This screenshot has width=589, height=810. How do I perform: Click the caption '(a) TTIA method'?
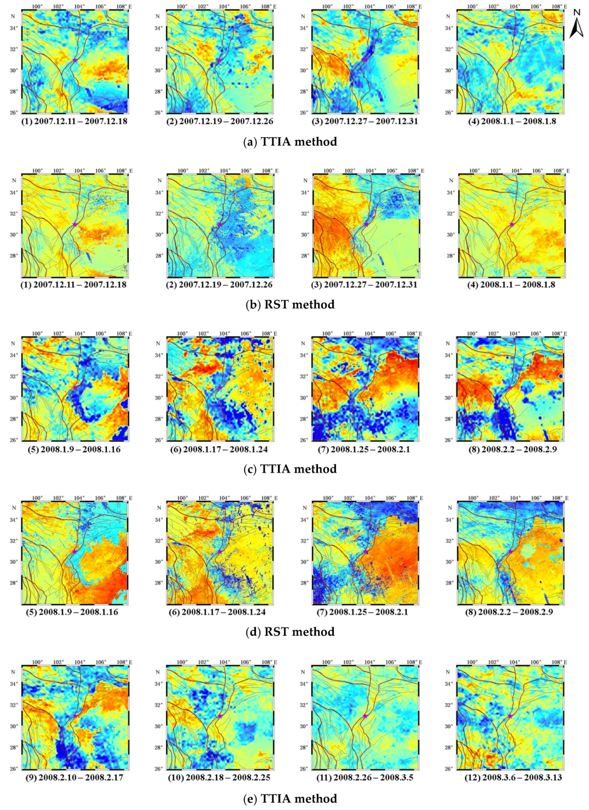[290, 142]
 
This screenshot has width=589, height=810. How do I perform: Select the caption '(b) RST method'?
[290, 304]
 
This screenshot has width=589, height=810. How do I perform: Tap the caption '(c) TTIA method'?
[290, 469]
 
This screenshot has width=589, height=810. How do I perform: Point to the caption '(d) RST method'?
[290, 631]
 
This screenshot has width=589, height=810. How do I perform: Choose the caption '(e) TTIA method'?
[290, 799]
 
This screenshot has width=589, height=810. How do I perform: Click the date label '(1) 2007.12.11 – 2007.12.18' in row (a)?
[74, 121]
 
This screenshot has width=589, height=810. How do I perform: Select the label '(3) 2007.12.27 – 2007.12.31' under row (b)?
[365, 284]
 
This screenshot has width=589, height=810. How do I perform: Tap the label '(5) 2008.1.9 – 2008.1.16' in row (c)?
[74, 449]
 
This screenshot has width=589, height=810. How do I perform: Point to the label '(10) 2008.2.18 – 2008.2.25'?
[219, 777]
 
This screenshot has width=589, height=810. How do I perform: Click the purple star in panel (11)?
[365, 716]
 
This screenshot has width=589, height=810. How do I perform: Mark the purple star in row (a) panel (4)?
[510, 61]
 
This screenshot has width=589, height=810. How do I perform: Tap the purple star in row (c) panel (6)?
[220, 388]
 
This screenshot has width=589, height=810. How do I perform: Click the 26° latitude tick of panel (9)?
[14, 769]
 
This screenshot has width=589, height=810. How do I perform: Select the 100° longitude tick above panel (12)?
[472, 662]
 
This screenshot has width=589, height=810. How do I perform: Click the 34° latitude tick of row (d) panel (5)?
[14, 520]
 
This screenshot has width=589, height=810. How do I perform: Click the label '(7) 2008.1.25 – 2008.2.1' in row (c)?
[365, 449]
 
